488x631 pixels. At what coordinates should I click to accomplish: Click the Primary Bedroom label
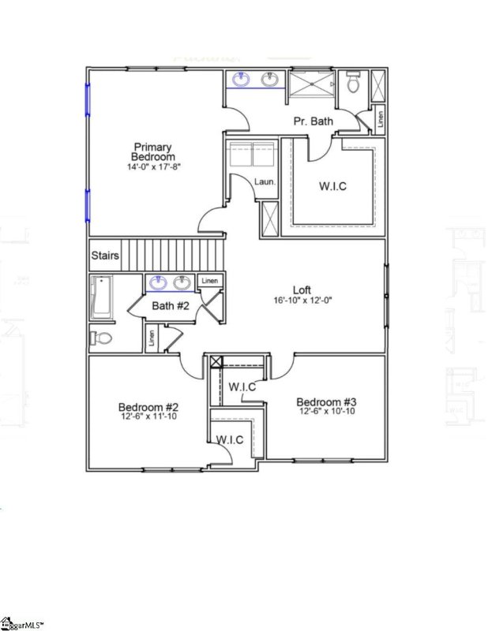tap(153, 151)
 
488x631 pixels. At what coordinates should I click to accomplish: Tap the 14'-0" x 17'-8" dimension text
tap(153, 167)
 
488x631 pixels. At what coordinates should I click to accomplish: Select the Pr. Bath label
tap(313, 121)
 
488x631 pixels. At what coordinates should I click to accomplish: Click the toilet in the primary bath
tap(353, 82)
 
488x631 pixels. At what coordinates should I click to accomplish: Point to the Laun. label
tap(265, 182)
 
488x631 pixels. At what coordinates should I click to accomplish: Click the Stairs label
tap(105, 256)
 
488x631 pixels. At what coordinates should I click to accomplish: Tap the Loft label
tap(302, 289)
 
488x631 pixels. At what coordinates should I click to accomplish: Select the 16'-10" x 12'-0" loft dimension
tap(302, 301)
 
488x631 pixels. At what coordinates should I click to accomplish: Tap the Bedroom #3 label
tap(326, 401)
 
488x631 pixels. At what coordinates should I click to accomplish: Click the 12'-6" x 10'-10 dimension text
tap(326, 412)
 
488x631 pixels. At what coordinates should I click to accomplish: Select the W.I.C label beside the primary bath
tap(332, 186)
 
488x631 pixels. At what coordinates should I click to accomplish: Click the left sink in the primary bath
tap(240, 80)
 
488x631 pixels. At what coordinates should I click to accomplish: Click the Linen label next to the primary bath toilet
tap(381, 119)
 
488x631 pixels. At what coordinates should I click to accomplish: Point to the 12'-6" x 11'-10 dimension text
tap(148, 416)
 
